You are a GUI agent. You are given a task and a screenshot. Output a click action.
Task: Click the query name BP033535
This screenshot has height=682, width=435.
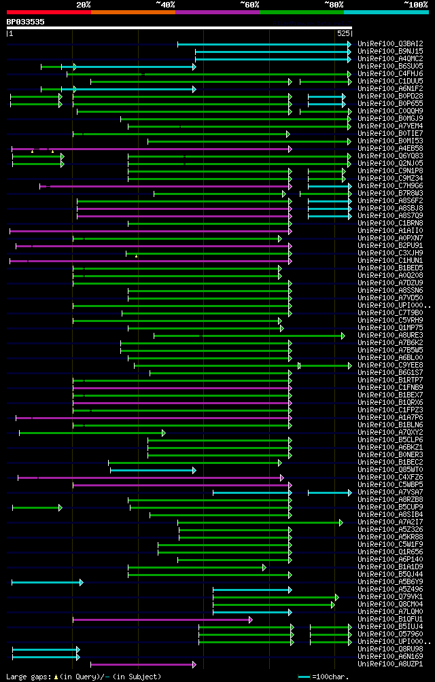click(26, 22)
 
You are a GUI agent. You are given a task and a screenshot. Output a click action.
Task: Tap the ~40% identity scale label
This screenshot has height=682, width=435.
click(165, 5)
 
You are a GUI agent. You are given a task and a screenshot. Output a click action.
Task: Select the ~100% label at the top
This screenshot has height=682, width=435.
click(415, 5)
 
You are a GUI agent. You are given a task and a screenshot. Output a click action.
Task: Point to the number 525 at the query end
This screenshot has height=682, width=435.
click(343, 33)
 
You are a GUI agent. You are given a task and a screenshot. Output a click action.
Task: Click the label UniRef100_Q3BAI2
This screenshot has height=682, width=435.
click(390, 44)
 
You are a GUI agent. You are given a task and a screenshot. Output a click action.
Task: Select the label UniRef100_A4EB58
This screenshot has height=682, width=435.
click(390, 149)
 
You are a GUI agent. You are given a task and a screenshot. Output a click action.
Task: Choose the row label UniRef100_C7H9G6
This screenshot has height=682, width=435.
click(390, 186)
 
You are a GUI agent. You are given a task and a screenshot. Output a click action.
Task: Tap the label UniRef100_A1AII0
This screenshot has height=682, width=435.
click(390, 231)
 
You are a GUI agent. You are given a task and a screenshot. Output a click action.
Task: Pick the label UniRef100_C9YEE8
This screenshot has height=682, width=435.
click(390, 365)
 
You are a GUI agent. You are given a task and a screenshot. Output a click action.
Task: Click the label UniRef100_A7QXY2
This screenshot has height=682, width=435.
click(390, 433)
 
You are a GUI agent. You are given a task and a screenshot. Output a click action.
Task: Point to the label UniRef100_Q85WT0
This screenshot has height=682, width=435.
click(390, 470)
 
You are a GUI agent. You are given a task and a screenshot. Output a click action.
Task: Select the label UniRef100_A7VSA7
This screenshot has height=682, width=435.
click(390, 492)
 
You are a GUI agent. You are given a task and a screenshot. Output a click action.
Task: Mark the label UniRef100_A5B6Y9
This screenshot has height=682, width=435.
click(390, 582)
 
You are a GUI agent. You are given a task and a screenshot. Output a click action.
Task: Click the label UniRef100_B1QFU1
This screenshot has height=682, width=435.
click(390, 620)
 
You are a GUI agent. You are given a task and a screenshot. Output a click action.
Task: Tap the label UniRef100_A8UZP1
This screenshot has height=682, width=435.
click(390, 664)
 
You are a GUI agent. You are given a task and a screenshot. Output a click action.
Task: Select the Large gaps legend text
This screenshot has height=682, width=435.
click(83, 677)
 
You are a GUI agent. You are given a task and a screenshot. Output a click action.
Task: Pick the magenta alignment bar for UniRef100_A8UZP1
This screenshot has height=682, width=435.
click(143, 664)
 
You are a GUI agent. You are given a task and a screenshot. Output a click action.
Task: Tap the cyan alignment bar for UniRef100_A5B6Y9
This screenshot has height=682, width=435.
click(47, 582)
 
